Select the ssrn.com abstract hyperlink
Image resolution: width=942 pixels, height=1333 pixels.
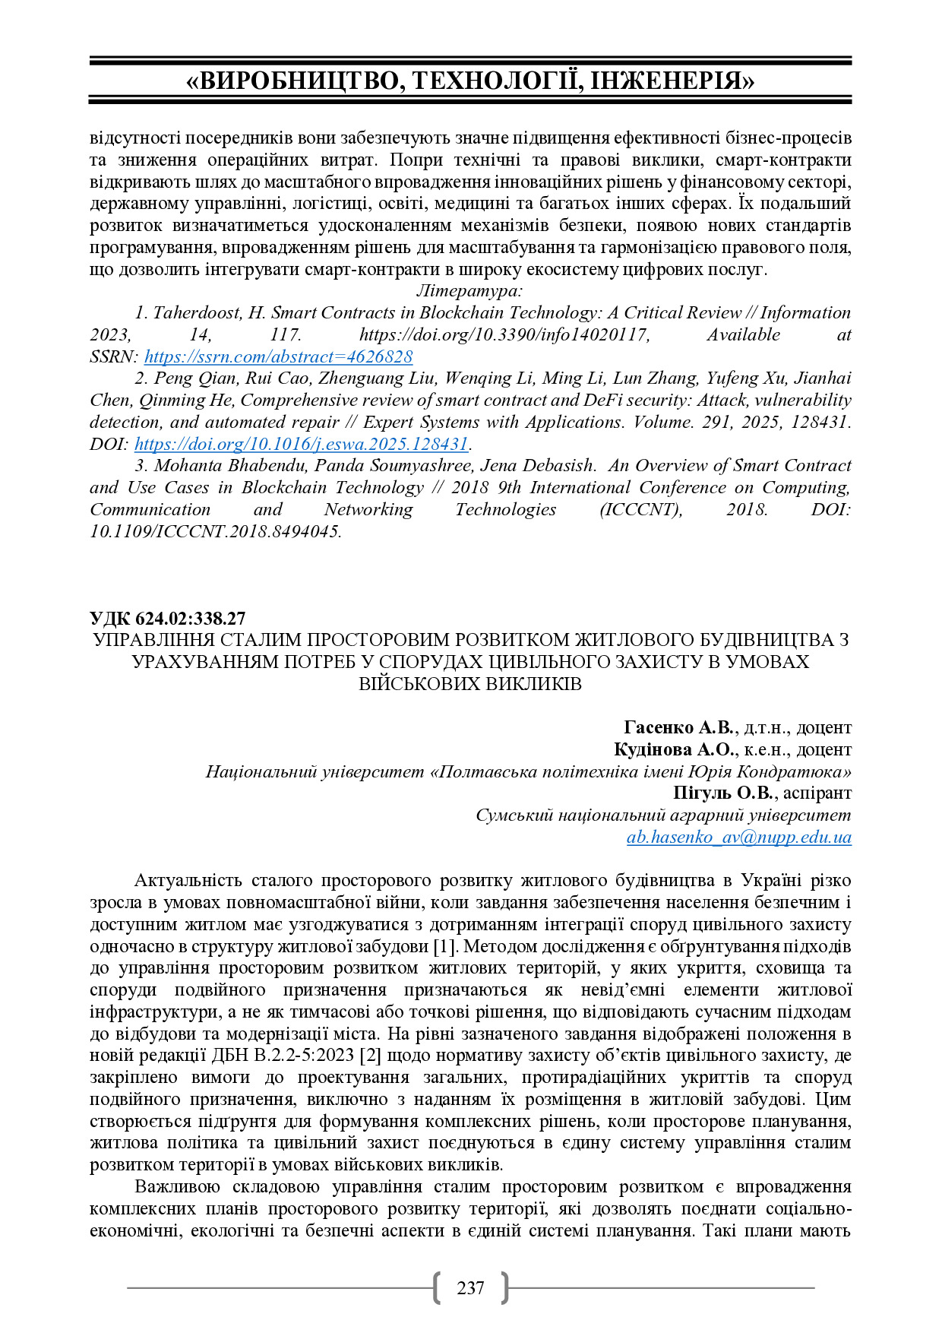[278, 356]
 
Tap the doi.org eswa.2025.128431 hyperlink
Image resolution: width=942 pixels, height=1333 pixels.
[301, 444]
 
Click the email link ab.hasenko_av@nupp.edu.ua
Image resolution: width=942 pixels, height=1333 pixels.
[738, 837]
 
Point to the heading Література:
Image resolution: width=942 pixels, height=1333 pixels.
[469, 291]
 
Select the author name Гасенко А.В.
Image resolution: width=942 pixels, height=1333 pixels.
[679, 727]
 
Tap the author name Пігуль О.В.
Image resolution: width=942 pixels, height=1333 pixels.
[722, 793]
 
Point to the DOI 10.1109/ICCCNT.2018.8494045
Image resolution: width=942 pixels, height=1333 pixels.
[215, 531]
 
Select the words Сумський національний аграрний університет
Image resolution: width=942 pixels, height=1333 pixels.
[662, 815]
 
